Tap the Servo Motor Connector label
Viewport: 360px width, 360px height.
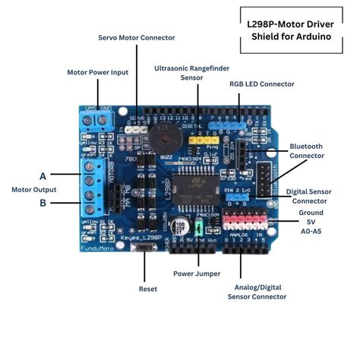click(x=137, y=37)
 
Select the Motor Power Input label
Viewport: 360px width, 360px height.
click(x=97, y=72)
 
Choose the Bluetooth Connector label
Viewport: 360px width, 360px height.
click(x=307, y=150)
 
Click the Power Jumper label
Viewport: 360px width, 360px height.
click(x=197, y=273)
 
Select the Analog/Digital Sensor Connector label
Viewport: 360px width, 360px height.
click(x=257, y=292)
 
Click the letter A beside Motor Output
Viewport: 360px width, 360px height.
click(x=43, y=175)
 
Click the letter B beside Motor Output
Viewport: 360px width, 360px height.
click(x=43, y=203)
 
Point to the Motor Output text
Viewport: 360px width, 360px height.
click(x=33, y=189)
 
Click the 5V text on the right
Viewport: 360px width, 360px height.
click(x=311, y=221)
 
